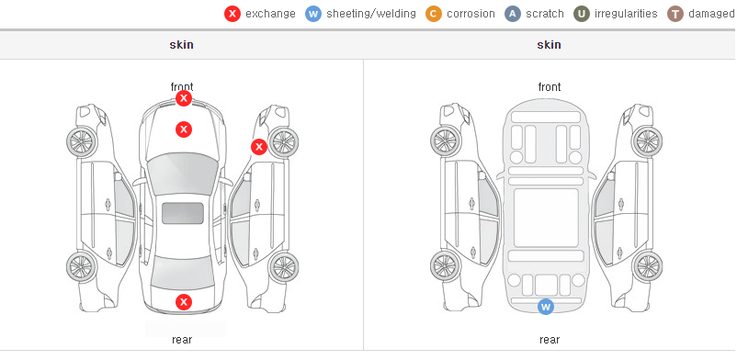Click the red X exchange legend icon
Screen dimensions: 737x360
(232, 14)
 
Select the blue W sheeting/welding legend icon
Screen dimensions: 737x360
(313, 14)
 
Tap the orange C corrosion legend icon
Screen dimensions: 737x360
(434, 14)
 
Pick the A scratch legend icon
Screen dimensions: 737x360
(513, 14)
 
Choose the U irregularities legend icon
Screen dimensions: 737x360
(582, 14)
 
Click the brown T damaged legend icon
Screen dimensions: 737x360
(675, 14)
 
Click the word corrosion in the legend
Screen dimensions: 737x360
(471, 14)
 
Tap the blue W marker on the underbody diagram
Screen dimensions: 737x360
(546, 307)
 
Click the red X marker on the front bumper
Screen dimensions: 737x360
(184, 98)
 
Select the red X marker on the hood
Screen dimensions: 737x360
(184, 129)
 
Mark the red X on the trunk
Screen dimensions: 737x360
(184, 302)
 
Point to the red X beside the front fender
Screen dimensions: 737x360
(259, 147)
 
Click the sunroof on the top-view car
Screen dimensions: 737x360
(183, 213)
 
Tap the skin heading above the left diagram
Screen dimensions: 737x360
(181, 45)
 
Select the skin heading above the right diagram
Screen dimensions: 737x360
(549, 45)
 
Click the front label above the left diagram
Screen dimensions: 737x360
(182, 87)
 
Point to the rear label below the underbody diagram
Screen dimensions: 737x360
(550, 340)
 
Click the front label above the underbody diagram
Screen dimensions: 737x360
(550, 87)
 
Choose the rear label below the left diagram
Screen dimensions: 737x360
(182, 340)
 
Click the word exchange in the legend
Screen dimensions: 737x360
(271, 14)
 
